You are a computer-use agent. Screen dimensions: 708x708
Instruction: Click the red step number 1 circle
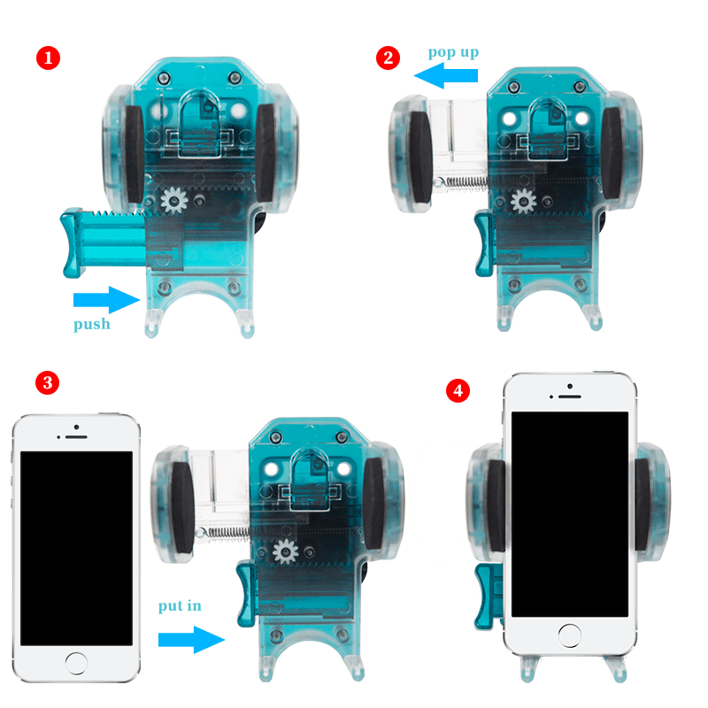tap(48, 58)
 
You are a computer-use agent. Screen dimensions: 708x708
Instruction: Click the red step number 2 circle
tap(388, 58)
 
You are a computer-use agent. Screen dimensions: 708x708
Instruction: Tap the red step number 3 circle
tap(48, 383)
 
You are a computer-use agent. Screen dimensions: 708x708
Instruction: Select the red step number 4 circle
tap(458, 390)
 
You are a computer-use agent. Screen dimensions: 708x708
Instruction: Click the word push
tap(92, 324)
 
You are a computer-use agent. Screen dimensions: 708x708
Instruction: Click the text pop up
tap(453, 53)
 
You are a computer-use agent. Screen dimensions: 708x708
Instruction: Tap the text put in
tap(180, 605)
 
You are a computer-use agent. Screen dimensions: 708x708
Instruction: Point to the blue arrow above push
tap(106, 299)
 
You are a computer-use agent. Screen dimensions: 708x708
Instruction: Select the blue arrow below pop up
tap(446, 75)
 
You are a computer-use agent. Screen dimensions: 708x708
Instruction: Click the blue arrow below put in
tap(191, 639)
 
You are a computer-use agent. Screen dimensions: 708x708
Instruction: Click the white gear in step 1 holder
tap(173, 200)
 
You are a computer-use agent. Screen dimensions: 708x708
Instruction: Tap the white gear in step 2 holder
tap(523, 201)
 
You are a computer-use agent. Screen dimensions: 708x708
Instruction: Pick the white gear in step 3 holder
tap(285, 551)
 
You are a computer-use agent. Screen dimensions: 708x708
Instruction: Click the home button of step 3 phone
tap(76, 663)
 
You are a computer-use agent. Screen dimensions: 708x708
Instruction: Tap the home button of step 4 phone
tap(570, 635)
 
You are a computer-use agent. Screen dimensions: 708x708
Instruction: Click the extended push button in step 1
tap(104, 242)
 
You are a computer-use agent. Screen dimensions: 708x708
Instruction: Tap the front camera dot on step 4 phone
tap(570, 387)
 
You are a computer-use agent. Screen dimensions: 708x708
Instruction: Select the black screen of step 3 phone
tap(76, 548)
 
